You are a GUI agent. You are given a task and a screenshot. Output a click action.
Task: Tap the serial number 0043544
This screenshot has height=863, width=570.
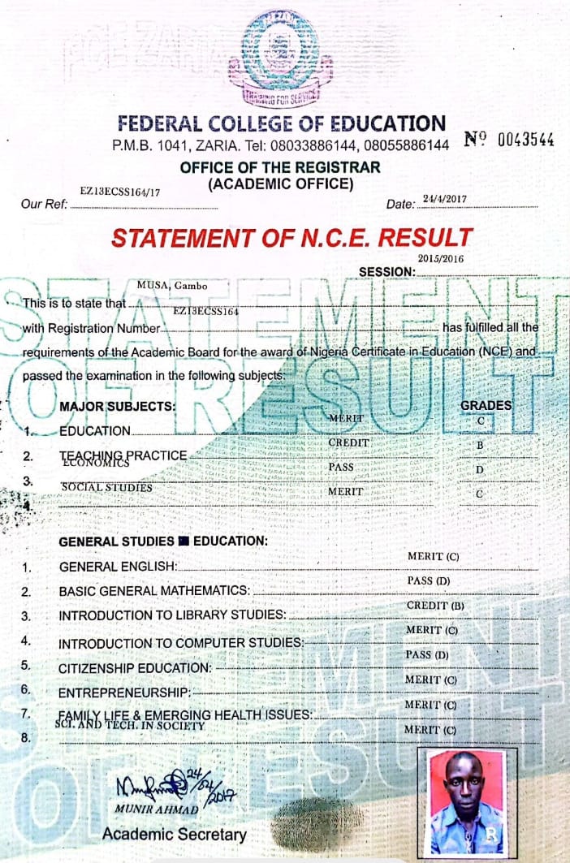coord(525,140)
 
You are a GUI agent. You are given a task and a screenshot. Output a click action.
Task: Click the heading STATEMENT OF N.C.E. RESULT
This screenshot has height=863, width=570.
coord(291,238)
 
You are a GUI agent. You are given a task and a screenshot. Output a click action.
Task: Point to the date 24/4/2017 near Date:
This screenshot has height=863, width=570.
coord(444,199)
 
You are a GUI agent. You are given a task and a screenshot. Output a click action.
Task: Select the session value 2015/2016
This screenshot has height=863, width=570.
coord(434,257)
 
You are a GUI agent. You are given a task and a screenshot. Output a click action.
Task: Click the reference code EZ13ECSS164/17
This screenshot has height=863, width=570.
coord(120,192)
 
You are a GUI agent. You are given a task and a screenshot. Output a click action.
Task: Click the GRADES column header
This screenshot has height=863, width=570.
coord(486,405)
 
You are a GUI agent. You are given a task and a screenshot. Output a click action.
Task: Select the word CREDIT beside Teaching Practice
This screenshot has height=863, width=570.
coord(348,443)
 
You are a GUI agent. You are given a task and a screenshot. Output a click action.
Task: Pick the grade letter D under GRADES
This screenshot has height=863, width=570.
coord(479,470)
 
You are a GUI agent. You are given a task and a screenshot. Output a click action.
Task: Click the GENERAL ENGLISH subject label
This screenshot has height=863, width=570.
coord(118,567)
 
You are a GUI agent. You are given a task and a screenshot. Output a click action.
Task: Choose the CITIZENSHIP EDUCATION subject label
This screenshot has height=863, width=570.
coord(135,667)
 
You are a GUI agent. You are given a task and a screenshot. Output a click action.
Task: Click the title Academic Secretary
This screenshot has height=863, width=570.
coord(174,834)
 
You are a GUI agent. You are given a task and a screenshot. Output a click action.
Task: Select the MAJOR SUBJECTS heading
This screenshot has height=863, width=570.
coord(117,406)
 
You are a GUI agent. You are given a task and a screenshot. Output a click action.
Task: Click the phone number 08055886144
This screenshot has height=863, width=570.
coord(407,145)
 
